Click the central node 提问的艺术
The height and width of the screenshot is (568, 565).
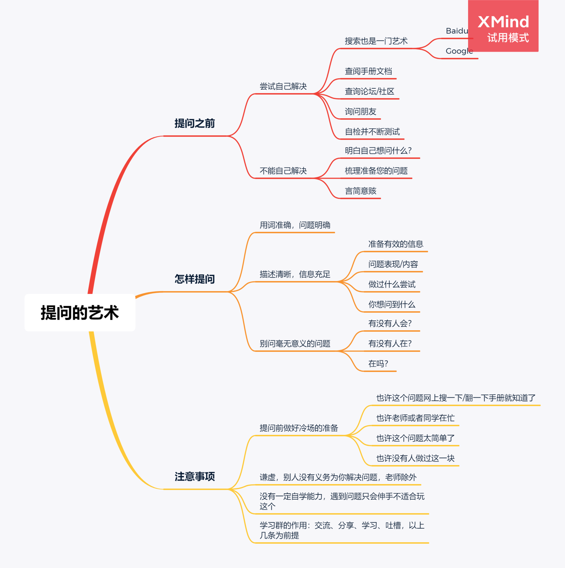pos(80,313)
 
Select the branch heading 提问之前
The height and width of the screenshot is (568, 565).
pos(195,123)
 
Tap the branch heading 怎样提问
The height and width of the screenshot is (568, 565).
pos(195,279)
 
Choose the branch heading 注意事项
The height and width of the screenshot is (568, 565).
pos(195,477)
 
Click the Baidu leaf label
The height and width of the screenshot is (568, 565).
pos(457,31)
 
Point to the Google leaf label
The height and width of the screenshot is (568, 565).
pos(459,51)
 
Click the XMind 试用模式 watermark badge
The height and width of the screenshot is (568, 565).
pos(503,26)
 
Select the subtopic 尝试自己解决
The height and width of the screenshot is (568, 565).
pos(283,86)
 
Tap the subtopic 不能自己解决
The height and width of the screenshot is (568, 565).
pos(283,171)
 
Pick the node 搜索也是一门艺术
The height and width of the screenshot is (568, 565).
pos(376,41)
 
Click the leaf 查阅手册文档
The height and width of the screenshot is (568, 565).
pos(368,71)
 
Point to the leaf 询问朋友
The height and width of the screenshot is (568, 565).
pos(360,112)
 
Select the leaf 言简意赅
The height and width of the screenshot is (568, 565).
pos(360,191)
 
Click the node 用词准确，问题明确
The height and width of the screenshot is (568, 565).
pos(295,225)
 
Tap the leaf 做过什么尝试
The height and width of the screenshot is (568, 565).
pos(392,284)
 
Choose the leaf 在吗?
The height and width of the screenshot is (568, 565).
pos(378,364)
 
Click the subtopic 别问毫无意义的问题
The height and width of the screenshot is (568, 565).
pos(295,344)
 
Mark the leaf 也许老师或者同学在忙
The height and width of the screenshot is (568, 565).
pos(415,418)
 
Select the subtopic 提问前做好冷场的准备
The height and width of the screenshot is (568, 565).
pos(299,428)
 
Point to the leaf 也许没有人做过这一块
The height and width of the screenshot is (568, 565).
pos(415,458)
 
